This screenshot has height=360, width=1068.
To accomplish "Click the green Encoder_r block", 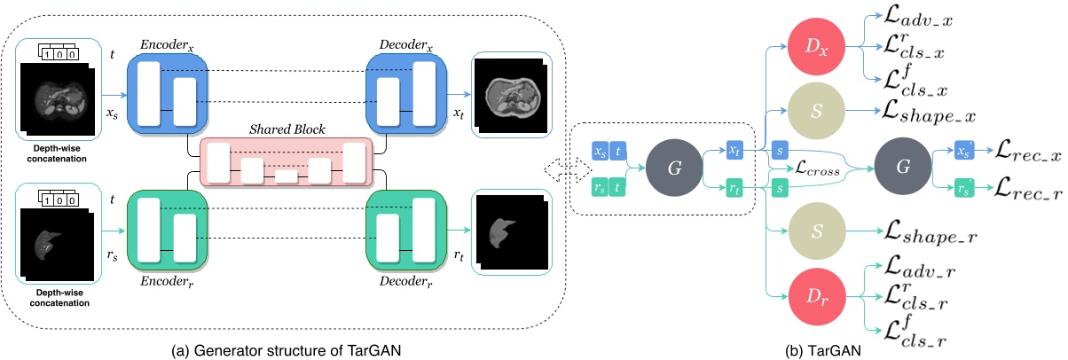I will tap(168, 240).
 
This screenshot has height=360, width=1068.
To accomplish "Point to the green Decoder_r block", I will tap(404, 240).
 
